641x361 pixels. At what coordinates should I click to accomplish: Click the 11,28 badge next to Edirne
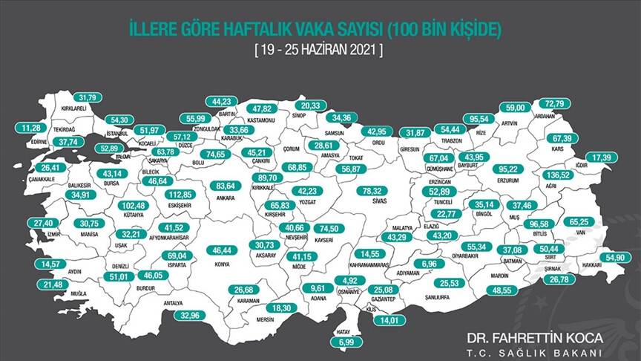click(31, 127)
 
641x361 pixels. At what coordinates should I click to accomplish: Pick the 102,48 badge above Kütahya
click(139, 205)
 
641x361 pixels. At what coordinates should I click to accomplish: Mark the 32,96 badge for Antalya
click(190, 314)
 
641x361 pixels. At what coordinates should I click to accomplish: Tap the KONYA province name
click(221, 264)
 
